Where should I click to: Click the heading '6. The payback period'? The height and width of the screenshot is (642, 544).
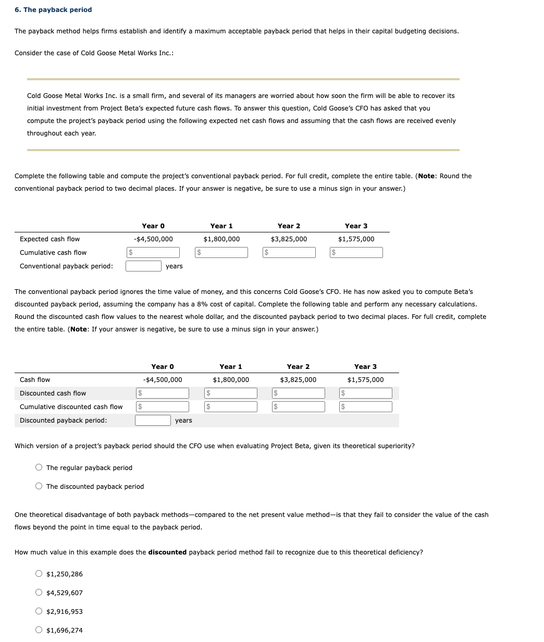tap(53, 10)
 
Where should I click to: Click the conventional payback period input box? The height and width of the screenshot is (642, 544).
tap(143, 266)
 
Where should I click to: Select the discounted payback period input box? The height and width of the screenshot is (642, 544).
tap(153, 421)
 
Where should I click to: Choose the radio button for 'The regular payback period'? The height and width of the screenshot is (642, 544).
tap(39, 468)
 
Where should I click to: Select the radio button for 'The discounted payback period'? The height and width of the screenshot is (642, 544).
tap(39, 487)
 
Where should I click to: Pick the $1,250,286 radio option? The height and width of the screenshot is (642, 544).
tap(39, 574)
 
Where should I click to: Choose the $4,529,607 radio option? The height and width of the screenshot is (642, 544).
tap(39, 593)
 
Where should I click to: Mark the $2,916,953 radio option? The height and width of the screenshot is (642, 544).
tap(39, 612)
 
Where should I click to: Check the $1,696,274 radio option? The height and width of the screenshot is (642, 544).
tap(39, 631)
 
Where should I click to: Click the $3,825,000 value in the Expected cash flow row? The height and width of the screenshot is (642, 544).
tap(289, 239)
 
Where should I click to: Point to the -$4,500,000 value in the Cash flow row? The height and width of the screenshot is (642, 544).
tap(162, 380)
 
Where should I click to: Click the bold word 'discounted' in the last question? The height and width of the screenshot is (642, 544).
tap(167, 552)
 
